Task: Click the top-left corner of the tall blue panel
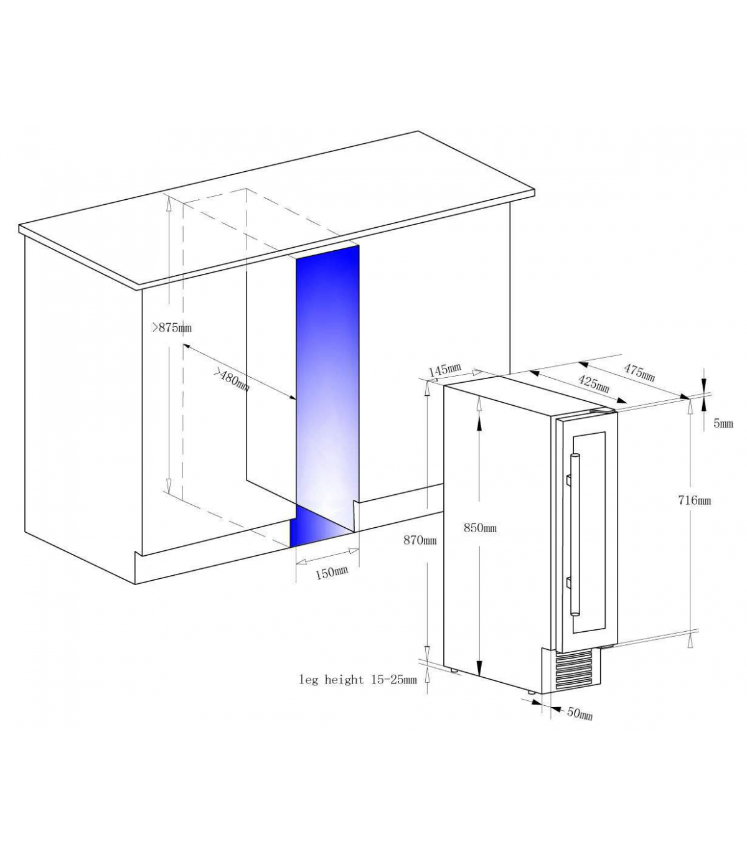pyautogui.click(x=296, y=258)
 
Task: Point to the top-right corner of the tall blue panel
pyautogui.click(x=359, y=245)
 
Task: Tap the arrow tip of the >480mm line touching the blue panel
pyautogui.click(x=296, y=400)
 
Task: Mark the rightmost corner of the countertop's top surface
pyautogui.click(x=535, y=190)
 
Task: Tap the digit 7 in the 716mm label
pyautogui.click(x=682, y=500)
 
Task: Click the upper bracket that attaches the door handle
pyautogui.click(x=568, y=480)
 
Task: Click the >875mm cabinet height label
pyautogui.click(x=172, y=328)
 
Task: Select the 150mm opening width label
pyautogui.click(x=331, y=572)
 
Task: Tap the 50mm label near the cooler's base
pyautogui.click(x=580, y=713)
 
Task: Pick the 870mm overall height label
pyautogui.click(x=420, y=540)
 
